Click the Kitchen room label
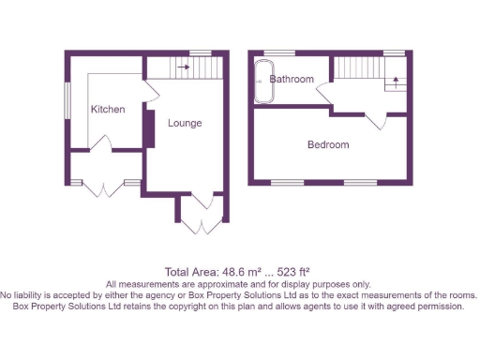108,110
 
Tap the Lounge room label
185,123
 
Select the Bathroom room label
292,80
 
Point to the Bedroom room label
328,144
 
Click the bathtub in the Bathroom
261,80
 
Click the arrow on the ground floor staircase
184,67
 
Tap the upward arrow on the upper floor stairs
396,81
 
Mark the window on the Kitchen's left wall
66,100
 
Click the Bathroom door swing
324,95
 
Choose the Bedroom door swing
377,118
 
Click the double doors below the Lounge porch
200,223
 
